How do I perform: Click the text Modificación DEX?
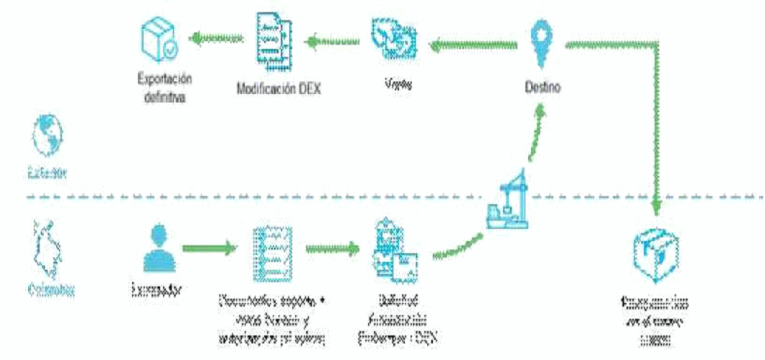click(279, 89)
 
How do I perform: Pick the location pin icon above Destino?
click(541, 41)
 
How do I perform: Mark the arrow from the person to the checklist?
click(209, 250)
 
